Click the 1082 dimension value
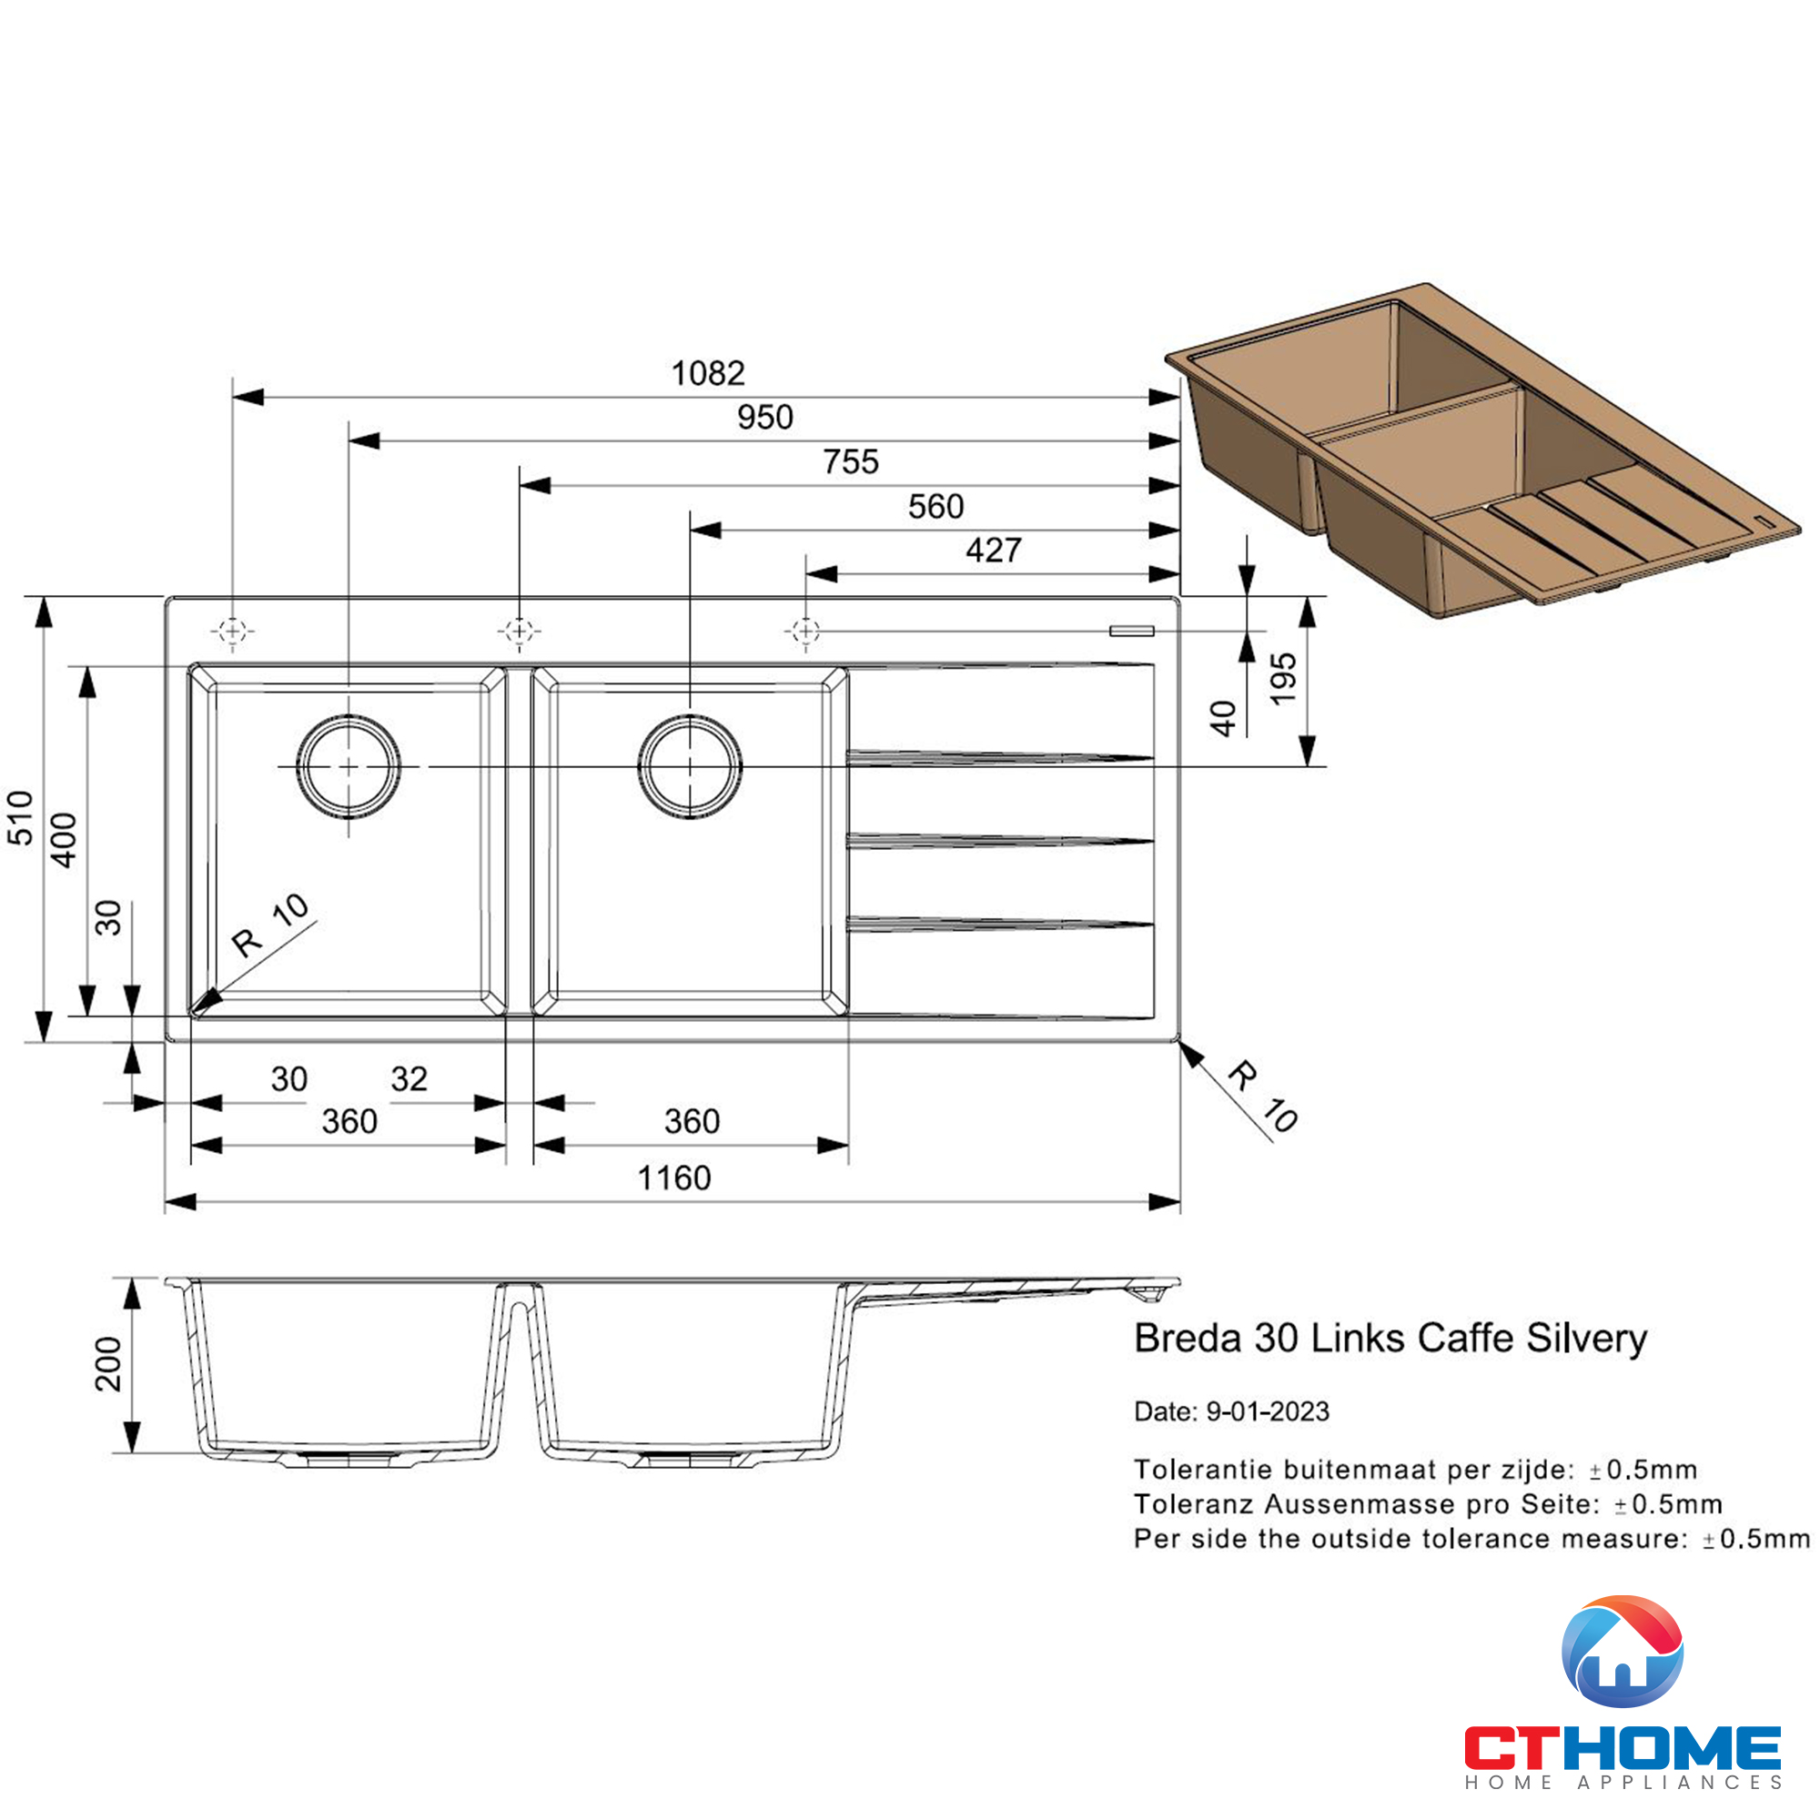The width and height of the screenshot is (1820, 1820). [707, 373]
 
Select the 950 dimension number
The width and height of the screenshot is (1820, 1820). [765, 418]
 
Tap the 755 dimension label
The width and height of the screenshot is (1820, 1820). [851, 461]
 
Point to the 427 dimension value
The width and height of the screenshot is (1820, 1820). [993, 551]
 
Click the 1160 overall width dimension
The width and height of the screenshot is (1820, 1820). [673, 1178]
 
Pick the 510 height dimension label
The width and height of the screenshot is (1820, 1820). [21, 817]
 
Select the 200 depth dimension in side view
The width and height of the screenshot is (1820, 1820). [108, 1364]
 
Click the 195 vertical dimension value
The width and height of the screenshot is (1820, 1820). [1283, 678]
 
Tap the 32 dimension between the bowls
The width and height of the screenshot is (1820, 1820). [409, 1078]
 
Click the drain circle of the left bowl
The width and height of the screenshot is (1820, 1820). [349, 766]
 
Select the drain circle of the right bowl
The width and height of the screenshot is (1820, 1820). [690, 766]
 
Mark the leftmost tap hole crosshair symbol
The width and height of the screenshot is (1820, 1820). [233, 631]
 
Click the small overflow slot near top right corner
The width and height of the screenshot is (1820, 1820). [1131, 631]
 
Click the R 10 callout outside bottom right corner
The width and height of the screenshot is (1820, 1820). [1263, 1097]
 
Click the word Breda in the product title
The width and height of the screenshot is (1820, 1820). [1188, 1339]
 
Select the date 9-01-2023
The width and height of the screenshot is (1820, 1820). [1267, 1411]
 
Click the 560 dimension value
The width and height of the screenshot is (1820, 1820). [935, 507]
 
